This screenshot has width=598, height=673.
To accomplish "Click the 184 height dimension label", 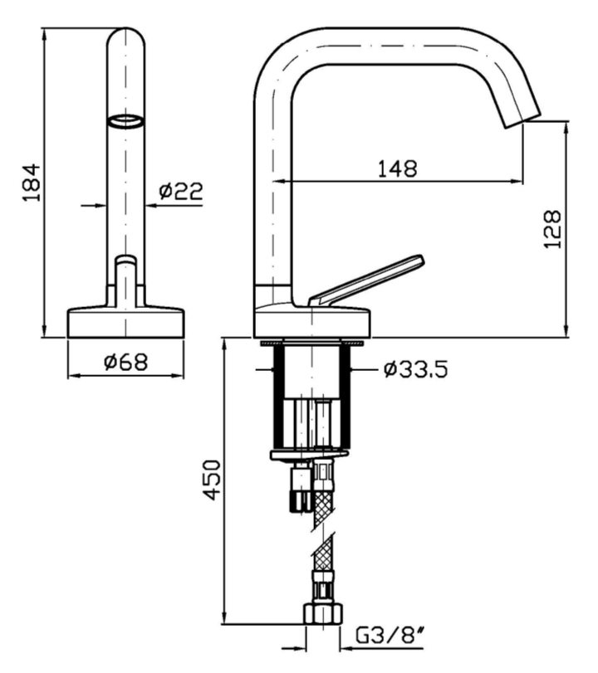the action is (32, 182).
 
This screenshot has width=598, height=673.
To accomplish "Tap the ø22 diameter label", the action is (180, 191).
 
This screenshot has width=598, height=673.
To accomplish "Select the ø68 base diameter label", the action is (126, 362).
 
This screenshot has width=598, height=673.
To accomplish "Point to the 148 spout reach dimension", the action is (397, 168).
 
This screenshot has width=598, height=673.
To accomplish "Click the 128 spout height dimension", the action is (552, 229).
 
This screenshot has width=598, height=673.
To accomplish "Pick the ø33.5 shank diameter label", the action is (416, 369).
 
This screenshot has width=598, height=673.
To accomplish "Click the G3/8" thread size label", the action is (390, 636).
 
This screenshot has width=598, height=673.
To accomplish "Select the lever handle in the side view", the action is (367, 280).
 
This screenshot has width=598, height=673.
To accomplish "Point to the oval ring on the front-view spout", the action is (125, 121).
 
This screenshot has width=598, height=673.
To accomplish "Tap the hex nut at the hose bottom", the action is (323, 613).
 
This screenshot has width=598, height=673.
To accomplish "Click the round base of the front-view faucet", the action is (126, 322).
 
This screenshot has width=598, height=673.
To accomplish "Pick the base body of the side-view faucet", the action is (312, 321).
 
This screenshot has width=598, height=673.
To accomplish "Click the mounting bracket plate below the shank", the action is (308, 455).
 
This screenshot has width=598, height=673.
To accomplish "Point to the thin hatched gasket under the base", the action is (312, 343).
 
